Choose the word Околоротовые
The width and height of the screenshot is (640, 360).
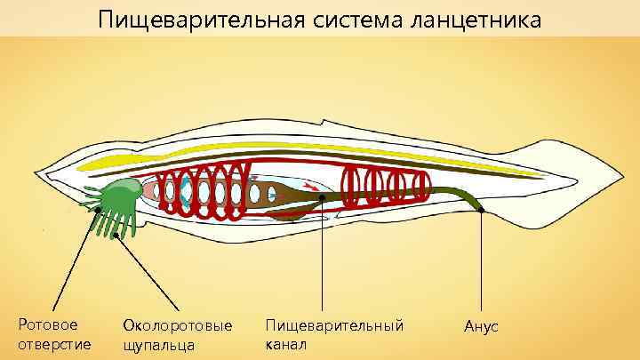pos(183,325)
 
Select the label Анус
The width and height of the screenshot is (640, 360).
pos(481,327)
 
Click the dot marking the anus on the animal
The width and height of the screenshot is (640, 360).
pos(481,211)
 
